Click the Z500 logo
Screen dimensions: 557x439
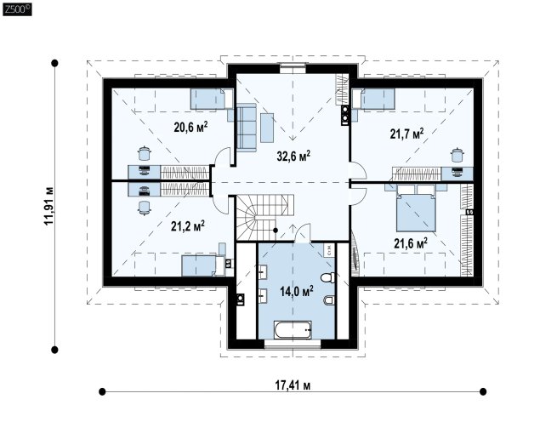coord(17,9)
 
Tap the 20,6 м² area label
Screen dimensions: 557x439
coord(190,127)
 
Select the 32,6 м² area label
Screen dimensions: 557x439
coord(293,156)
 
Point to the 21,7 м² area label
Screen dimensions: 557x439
coord(406,134)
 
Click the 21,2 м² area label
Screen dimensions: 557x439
coord(188,225)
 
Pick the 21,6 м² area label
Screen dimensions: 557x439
coord(411,243)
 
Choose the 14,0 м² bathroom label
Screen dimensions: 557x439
coord(296,292)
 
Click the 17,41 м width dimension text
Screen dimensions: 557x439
coord(293,385)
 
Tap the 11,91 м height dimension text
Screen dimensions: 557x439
coord(48,205)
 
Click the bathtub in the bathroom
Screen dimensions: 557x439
coord(293,330)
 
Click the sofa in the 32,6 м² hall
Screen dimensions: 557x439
coord(246,128)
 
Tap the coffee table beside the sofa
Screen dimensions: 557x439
coord(267,128)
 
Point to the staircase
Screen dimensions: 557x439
coord(264,217)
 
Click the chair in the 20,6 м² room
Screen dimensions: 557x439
coord(145,153)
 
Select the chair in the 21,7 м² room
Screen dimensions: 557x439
coord(458,155)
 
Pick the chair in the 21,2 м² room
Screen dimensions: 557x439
coord(145,208)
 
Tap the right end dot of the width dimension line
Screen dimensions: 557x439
coord(483,391)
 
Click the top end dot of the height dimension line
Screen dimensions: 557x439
coord(54,63)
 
